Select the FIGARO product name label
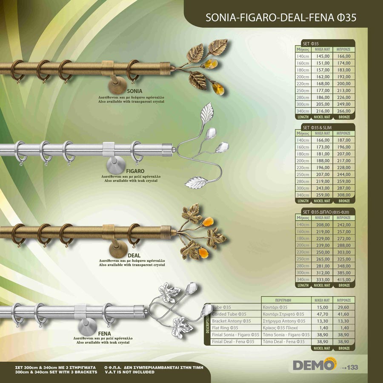[135, 171]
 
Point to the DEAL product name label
[134, 255]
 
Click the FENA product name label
[104, 334]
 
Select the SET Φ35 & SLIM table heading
[317, 127]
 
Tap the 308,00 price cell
[344, 195]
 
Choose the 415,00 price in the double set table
[344, 279]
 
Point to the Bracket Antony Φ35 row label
[232, 321]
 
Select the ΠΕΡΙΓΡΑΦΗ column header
[283, 300]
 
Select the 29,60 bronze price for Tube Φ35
[344, 307]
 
